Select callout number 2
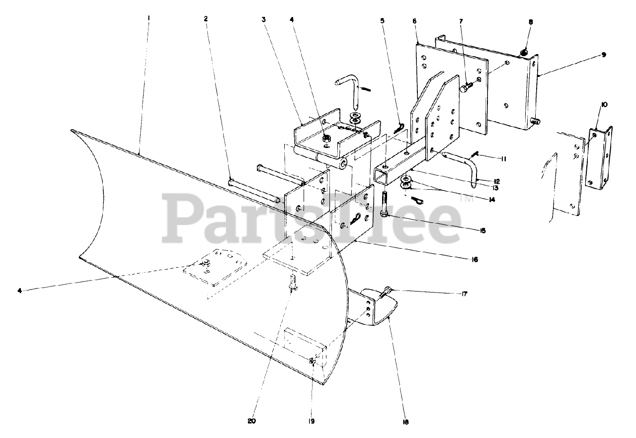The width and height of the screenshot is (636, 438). (206, 19)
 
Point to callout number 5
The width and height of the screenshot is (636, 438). (382, 21)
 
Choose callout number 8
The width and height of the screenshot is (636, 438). (531, 22)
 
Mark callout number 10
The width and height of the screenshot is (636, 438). (604, 105)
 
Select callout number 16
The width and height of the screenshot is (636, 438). (475, 259)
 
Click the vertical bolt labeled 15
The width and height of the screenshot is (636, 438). (384, 204)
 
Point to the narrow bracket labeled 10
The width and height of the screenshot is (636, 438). (600, 155)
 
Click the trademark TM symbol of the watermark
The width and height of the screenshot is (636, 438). (467, 199)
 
